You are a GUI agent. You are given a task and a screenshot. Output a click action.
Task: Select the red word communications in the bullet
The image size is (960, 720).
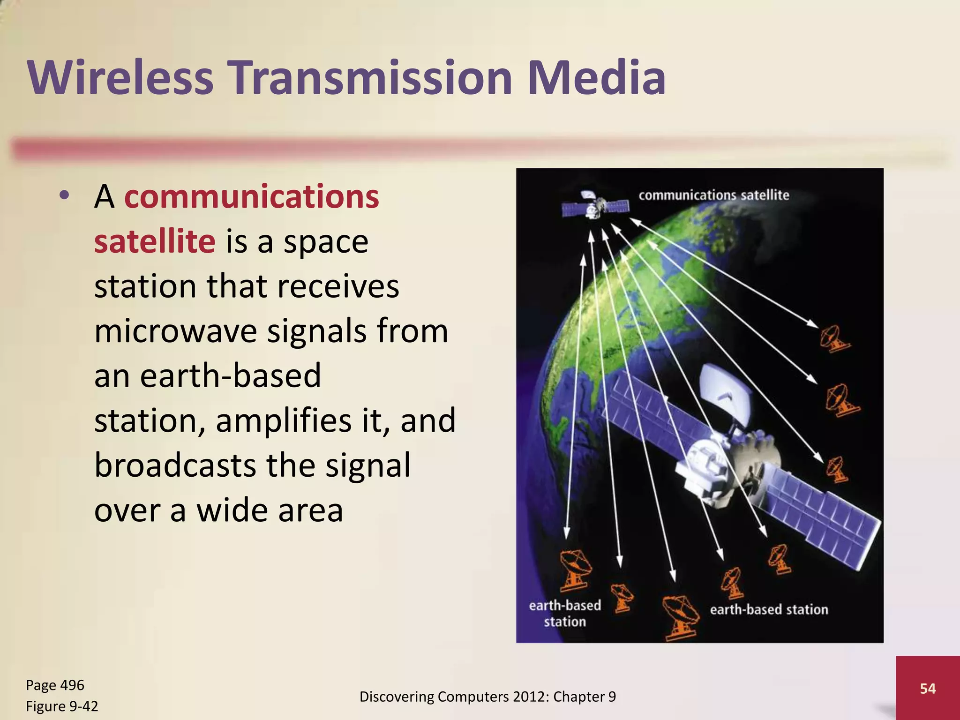[251, 197]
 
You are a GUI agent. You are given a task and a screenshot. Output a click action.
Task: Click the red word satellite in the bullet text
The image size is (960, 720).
[155, 241]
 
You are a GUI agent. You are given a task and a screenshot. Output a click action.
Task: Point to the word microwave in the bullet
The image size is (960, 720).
[176, 331]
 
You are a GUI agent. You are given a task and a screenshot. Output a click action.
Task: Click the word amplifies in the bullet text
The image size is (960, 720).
[283, 420]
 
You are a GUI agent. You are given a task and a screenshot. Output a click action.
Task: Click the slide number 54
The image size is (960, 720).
[928, 688]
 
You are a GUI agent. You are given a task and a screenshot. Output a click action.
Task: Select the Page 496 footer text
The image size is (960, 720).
[55, 685]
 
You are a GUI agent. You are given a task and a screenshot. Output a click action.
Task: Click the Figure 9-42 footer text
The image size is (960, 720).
[62, 706]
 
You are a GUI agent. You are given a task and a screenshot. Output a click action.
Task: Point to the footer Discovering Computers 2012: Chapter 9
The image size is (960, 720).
[487, 697]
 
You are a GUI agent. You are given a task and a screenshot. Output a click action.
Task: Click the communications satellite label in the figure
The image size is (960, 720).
[713, 195]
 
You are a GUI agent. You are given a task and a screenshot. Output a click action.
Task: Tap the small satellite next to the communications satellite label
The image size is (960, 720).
[594, 205]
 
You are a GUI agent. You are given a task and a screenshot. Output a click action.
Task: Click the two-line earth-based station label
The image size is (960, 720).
[565, 613]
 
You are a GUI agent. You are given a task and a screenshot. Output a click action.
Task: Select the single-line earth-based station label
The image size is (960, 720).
[769, 609]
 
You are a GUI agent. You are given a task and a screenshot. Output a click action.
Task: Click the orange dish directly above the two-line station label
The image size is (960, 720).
[575, 569]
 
